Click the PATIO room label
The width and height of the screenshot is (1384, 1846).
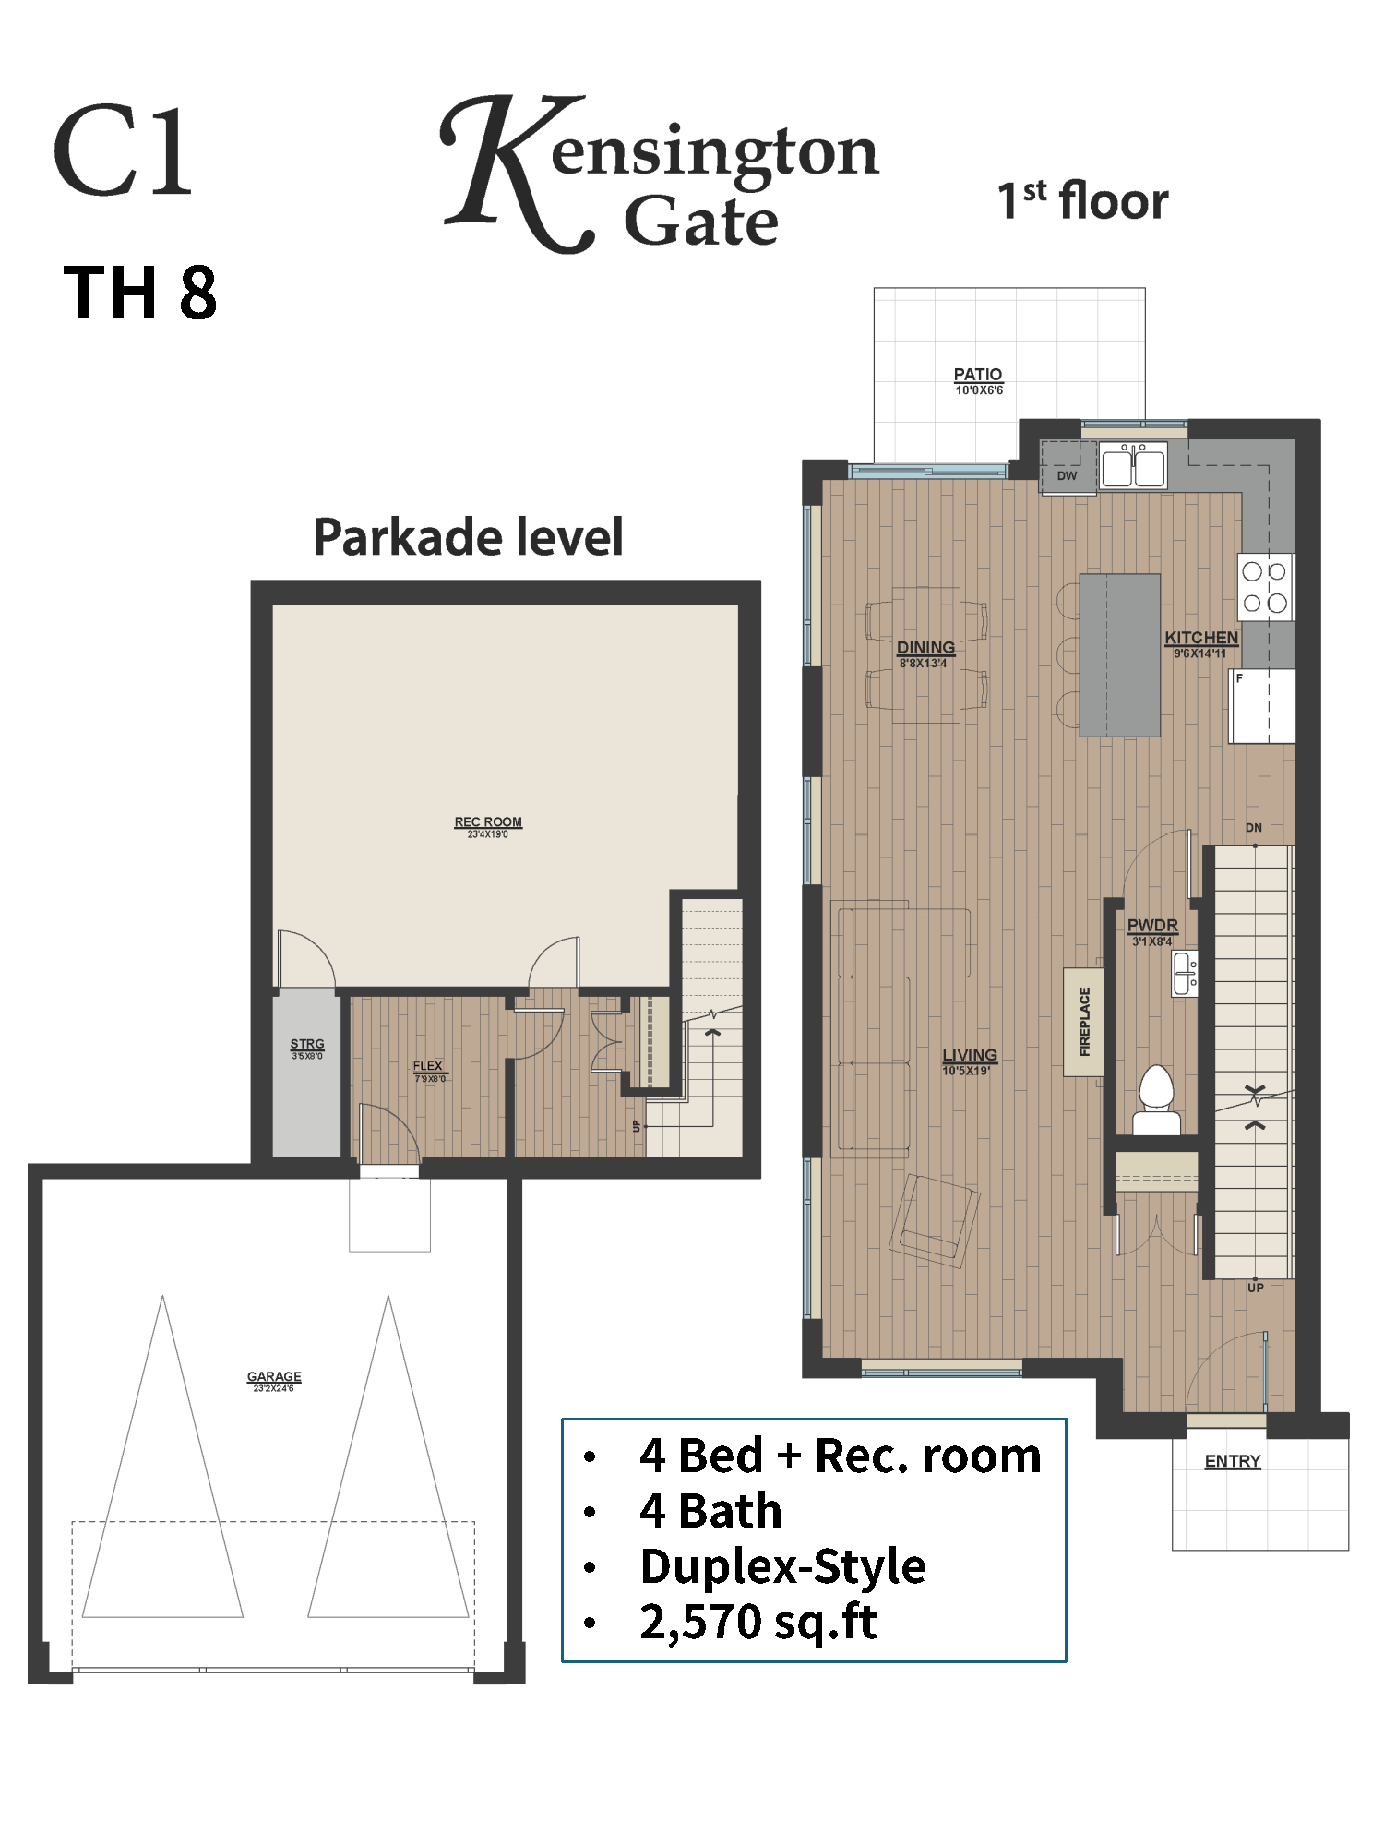point(978,375)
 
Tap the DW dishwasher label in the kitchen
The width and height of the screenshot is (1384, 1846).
point(1067,476)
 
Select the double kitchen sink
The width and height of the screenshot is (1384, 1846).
point(1133,464)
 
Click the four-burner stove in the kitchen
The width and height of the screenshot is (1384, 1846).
point(1265,587)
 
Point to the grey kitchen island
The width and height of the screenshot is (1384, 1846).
point(1120,655)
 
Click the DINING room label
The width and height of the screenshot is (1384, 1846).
point(925,648)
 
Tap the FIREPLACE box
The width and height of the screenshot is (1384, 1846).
point(1084,1022)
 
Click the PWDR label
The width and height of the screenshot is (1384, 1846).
point(1152,926)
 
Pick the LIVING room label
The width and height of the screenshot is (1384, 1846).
point(970,1055)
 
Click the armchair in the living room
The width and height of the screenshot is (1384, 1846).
point(935,1220)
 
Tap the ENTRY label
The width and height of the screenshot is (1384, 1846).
point(1233,1461)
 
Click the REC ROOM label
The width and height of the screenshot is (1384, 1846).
point(488,822)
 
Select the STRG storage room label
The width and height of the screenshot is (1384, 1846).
point(307,1044)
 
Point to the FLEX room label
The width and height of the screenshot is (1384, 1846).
point(428,1066)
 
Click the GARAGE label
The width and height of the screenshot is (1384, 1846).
point(274,1376)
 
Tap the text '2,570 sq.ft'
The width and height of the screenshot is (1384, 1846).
point(758,1622)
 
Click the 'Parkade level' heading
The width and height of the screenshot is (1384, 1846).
point(469,537)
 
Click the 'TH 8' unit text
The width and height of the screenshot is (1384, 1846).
point(140,293)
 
